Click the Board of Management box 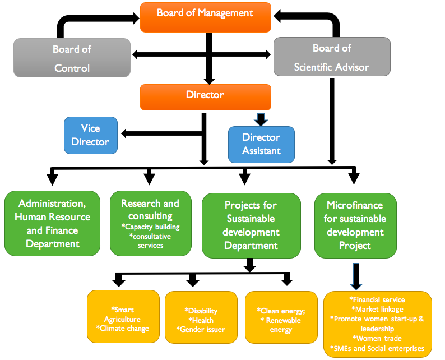tap(205, 17)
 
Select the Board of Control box tap(71, 58)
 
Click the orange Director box tap(205, 96)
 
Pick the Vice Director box tap(90, 135)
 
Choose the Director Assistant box tap(261, 144)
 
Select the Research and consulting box tap(150, 224)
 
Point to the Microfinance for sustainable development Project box tap(355, 225)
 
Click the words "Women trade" tap(378, 338)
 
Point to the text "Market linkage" tap(378, 309)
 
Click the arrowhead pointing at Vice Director tap(126, 133)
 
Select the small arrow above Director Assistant tap(261, 119)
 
